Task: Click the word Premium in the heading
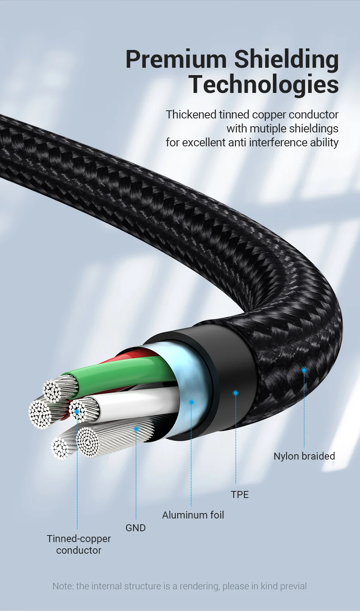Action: [x=176, y=60]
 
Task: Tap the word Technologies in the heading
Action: [x=264, y=84]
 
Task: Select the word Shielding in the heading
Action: [x=286, y=60]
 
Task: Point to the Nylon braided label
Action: [x=304, y=456]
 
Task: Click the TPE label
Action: [x=240, y=494]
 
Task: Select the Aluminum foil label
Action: [x=193, y=515]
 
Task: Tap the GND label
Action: [x=135, y=528]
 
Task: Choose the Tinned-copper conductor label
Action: [x=79, y=544]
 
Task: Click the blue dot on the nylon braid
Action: [x=304, y=370]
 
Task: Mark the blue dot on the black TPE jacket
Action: [x=236, y=393]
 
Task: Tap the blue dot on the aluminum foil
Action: [x=191, y=402]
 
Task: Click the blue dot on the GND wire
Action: [x=136, y=429]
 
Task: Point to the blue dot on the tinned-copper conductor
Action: [x=77, y=412]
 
